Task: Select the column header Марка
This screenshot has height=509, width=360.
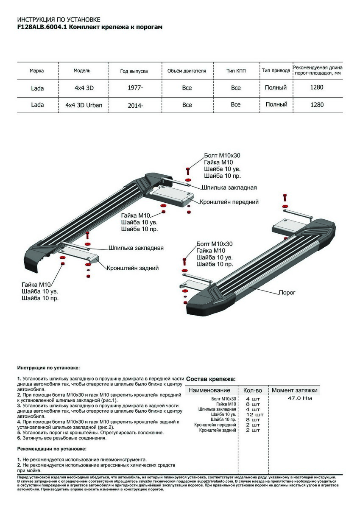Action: click(37, 71)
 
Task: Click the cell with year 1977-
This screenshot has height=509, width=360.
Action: click(135, 88)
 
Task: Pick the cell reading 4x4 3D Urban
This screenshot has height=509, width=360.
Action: click(84, 105)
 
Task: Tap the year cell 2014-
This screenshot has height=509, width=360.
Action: click(135, 105)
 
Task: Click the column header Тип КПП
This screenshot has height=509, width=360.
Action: click(236, 71)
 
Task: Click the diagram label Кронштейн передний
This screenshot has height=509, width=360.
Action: click(229, 202)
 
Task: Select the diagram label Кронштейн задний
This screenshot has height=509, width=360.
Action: click(133, 268)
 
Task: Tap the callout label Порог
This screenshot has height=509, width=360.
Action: click(287, 293)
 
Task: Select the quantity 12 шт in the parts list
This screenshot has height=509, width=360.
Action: click(254, 414)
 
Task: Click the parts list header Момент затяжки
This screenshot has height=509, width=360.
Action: click(294, 390)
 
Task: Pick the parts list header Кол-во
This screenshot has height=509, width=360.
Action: click(253, 390)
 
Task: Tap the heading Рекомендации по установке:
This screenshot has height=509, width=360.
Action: click(52, 448)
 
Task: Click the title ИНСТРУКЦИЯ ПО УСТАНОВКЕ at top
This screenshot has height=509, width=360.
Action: click(59, 20)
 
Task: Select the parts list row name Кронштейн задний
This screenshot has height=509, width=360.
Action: click(218, 430)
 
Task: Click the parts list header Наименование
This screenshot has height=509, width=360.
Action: click(209, 390)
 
